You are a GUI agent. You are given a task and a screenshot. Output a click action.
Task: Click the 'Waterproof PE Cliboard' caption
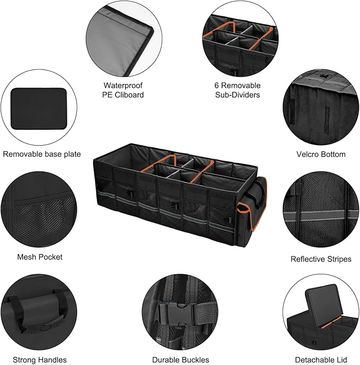(123, 90)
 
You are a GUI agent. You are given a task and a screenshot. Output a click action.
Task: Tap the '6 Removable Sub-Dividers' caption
(238, 90)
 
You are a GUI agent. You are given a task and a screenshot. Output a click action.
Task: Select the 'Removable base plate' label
(42, 154)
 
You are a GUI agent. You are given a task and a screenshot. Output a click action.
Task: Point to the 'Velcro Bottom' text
(321, 154)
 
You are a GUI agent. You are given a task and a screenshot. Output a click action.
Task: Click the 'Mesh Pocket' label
(40, 256)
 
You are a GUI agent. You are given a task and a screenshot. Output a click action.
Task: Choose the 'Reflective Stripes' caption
(321, 259)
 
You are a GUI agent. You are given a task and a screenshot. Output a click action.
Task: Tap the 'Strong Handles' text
(40, 360)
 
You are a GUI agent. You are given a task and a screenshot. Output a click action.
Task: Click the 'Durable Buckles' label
(180, 360)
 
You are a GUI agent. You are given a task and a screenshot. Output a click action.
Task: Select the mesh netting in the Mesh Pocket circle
(37, 222)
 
